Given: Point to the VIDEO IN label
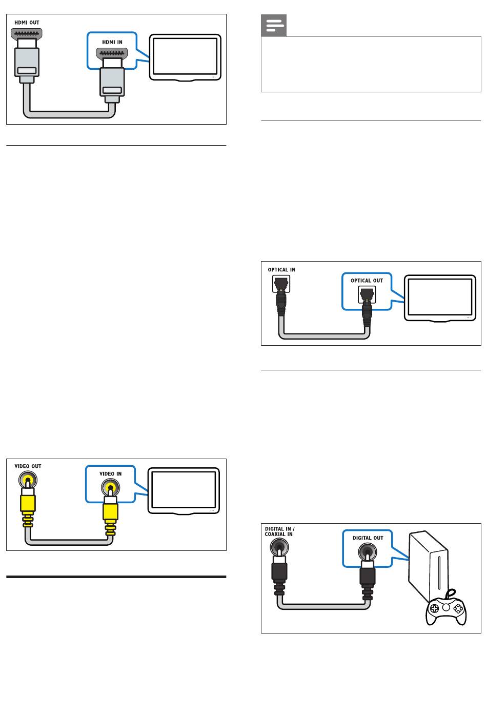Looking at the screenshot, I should click(111, 474).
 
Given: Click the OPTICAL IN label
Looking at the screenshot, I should click(281, 270).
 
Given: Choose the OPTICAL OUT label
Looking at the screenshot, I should click(367, 281).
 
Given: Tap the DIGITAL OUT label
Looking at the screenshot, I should click(368, 538).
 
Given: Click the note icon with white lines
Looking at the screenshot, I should click(274, 26).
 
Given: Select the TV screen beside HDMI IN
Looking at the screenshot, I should click(185, 57).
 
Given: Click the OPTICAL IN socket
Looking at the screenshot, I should click(281, 283).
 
